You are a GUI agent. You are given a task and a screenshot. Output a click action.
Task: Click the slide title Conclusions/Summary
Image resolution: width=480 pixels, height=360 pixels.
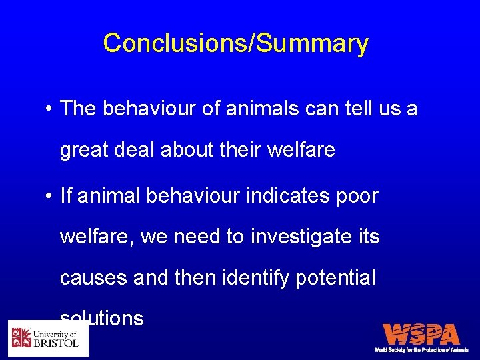pyautogui.click(x=235, y=43)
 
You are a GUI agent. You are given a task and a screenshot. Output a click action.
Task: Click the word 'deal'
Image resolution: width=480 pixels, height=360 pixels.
pyautogui.click(x=137, y=151)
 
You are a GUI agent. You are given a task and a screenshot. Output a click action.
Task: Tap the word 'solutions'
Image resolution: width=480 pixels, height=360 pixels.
pyautogui.click(x=102, y=318)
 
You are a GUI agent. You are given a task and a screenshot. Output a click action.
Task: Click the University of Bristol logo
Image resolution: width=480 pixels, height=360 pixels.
pyautogui.click(x=48, y=338)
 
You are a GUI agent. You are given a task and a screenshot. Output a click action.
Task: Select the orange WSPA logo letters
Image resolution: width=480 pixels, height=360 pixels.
pyautogui.click(x=421, y=334)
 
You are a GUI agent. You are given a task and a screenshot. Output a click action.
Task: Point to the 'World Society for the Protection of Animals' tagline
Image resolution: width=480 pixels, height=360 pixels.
pyautogui.click(x=421, y=350)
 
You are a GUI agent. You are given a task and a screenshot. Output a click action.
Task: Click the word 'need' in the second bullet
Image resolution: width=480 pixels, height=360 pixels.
pyautogui.click(x=194, y=237)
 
